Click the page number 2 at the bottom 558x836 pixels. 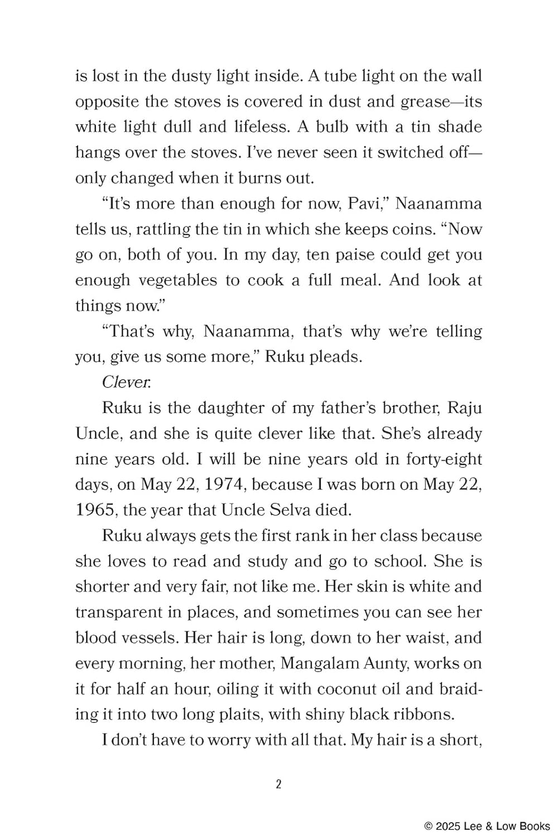point(279,784)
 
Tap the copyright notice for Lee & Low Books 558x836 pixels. point(487,827)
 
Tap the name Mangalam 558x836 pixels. point(314,663)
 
